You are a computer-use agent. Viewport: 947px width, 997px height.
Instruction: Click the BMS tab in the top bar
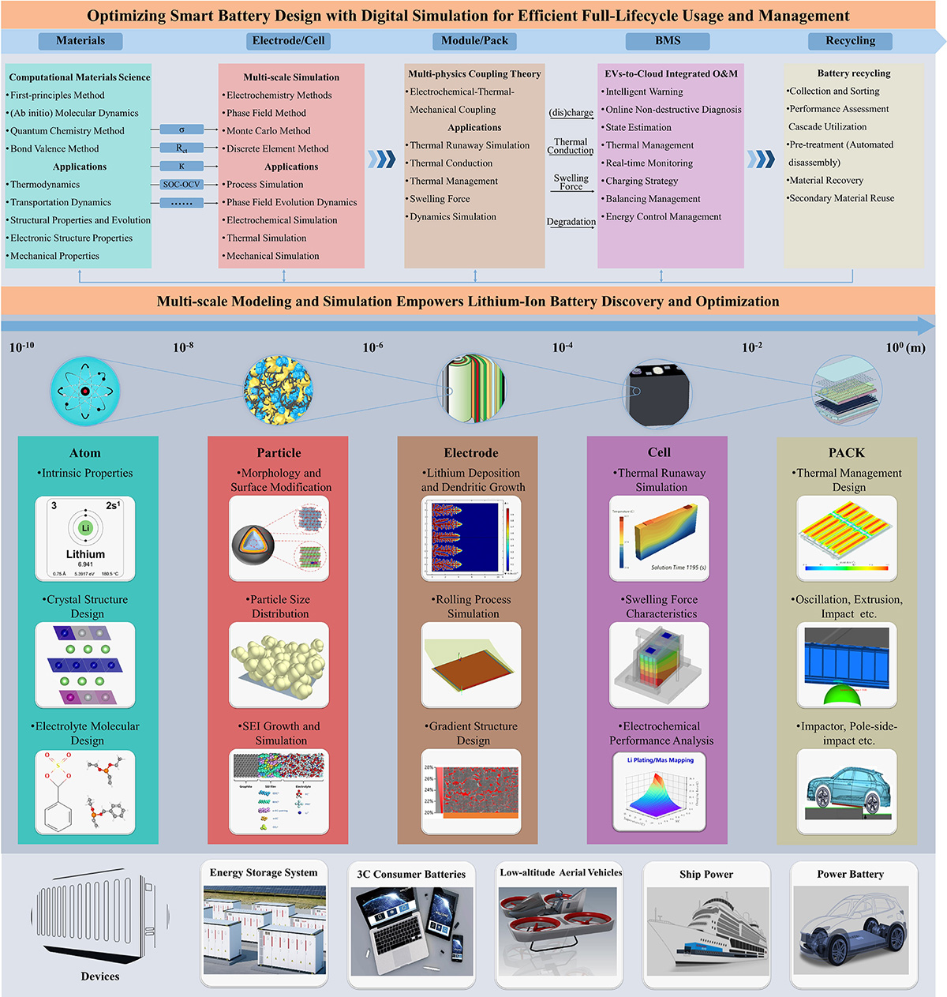668,41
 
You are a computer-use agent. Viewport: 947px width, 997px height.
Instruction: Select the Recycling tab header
850,41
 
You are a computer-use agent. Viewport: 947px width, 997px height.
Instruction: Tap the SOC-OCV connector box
182,185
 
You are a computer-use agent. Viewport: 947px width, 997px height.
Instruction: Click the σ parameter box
182,129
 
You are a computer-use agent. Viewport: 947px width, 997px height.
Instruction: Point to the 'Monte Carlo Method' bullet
268,131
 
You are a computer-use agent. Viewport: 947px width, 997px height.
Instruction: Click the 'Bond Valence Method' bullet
54,148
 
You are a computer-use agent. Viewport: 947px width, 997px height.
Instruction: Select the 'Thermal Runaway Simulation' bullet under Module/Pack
470,145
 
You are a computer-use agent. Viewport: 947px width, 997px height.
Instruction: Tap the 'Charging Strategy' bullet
642,181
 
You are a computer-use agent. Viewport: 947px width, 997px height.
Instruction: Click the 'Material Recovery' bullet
826,180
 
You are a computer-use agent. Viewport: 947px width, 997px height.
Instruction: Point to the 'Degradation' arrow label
571,222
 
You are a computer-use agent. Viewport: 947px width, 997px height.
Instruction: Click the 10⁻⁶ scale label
373,347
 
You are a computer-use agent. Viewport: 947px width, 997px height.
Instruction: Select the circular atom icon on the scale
84,391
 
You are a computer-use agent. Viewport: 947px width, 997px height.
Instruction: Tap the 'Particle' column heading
279,453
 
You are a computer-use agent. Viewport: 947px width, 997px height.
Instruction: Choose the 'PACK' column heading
846,453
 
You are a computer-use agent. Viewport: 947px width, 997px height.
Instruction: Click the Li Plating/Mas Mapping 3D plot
660,793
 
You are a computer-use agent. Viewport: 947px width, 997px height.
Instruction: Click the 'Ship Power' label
706,874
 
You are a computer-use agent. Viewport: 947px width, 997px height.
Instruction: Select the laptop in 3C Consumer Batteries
387,928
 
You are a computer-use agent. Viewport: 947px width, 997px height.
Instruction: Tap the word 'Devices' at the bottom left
100,976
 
